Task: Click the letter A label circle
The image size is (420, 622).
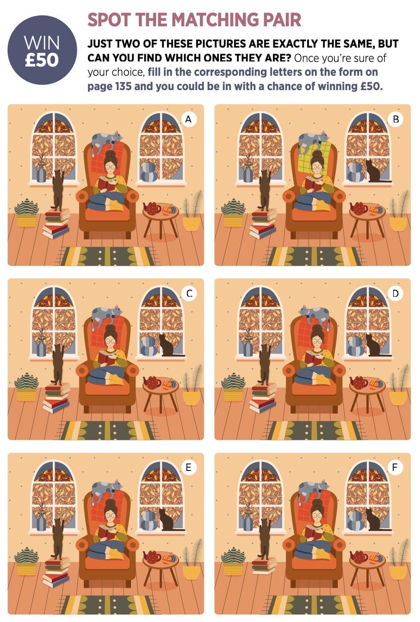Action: click(188, 119)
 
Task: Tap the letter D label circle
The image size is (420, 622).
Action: click(395, 293)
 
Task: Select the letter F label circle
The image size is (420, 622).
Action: click(395, 468)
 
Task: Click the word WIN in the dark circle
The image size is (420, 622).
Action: click(42, 43)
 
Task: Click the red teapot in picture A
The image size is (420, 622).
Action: click(152, 208)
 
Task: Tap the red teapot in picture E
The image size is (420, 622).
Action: click(152, 556)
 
